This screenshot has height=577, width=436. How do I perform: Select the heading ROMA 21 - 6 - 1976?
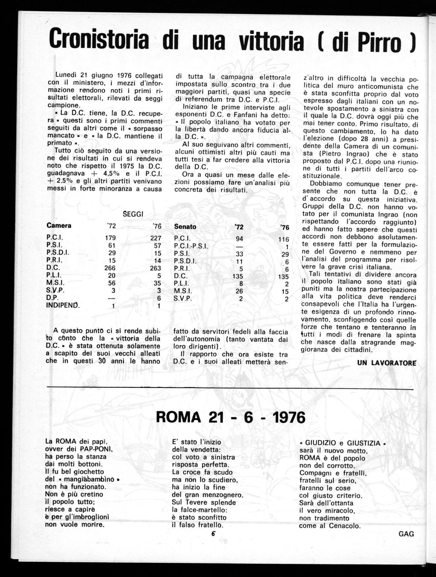[230, 417]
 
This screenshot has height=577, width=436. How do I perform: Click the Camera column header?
[59, 226]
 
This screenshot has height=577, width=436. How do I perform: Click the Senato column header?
[185, 227]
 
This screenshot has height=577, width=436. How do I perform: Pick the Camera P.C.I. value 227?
[155, 238]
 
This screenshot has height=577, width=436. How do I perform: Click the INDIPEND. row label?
[63, 305]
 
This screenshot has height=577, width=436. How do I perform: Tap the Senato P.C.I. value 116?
[283, 239]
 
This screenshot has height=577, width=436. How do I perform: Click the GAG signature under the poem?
[406, 534]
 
